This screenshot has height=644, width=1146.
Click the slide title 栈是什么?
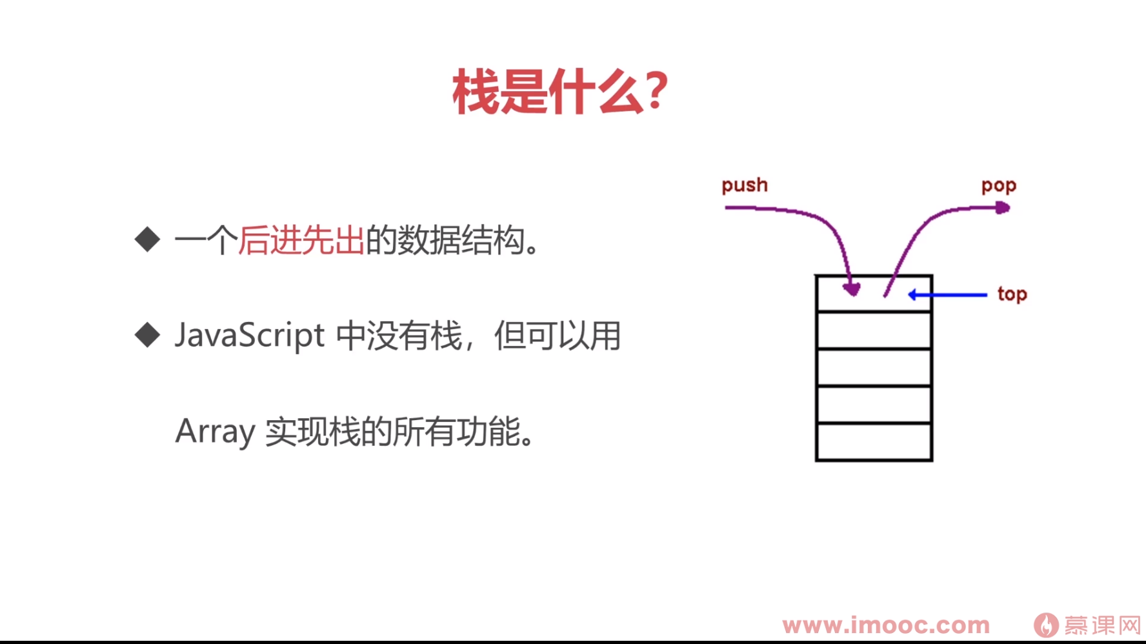coord(559,92)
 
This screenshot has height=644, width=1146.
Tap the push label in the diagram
coord(745,185)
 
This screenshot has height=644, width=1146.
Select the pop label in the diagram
coord(998,186)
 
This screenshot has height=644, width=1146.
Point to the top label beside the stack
coord(1012,294)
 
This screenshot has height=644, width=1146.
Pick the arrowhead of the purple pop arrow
coord(1002,208)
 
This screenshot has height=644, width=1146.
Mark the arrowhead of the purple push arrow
coord(852,290)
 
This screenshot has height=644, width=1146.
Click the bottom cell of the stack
coord(874,441)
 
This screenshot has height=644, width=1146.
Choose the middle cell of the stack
coord(874,367)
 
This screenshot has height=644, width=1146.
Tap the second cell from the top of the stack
coord(874,330)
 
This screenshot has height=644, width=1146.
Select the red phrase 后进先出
coord(301,240)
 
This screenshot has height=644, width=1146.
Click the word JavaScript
coord(249,336)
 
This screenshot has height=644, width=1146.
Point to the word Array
coord(215,431)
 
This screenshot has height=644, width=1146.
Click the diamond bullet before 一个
coord(148,239)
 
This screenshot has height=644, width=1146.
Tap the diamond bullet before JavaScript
coord(148,335)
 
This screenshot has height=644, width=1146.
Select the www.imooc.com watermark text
coord(886,625)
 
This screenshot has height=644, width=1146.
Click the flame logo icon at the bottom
coord(1046,625)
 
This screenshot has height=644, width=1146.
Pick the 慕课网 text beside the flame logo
coord(1102,625)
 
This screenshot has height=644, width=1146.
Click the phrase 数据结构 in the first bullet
coord(460,240)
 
